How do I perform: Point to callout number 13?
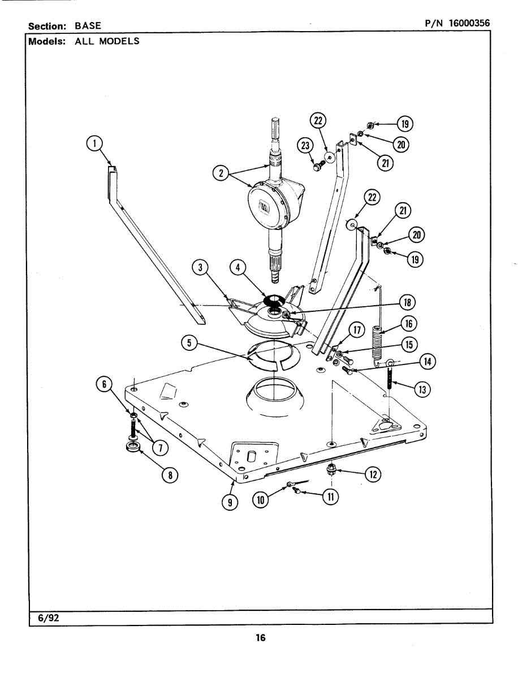point(421,389)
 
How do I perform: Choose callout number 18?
point(406,302)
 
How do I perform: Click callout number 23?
point(305,146)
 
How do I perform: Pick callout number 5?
point(189,342)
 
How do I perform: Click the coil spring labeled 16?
point(379,340)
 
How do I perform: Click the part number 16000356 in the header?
point(469,23)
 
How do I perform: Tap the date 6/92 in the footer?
point(49,618)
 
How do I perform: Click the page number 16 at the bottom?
point(260,638)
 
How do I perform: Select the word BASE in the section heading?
point(88,26)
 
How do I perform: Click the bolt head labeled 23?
point(318,166)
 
